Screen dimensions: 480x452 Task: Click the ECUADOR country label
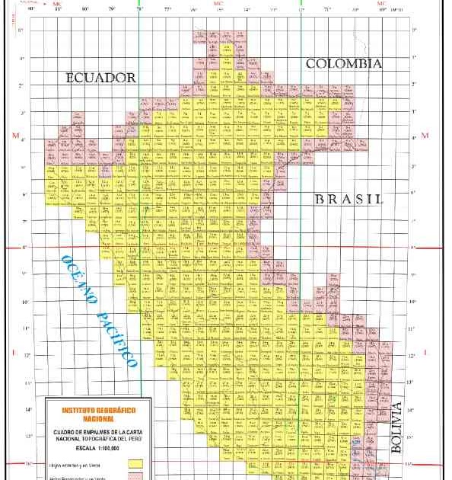100,78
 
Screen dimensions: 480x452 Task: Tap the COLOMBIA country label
343,64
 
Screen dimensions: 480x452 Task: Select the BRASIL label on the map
347,200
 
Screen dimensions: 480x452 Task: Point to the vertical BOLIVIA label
397,429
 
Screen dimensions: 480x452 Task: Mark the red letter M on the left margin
14,136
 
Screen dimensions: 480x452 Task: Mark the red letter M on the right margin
425,136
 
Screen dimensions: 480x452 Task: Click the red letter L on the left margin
14,352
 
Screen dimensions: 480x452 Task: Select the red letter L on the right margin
425,352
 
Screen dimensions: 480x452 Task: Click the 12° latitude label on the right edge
412,356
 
